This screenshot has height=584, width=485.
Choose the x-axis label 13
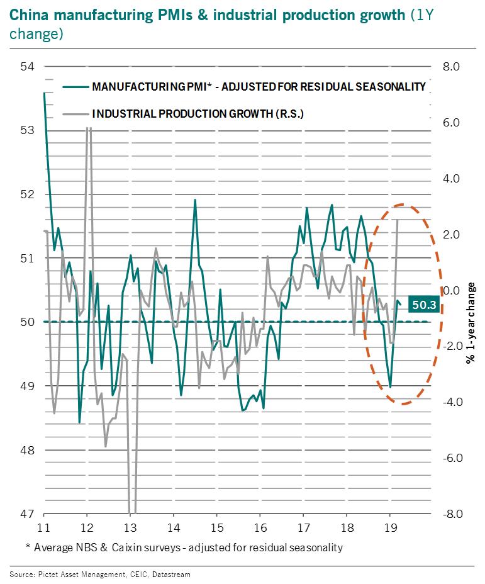130,527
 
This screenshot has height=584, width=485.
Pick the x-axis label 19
389,527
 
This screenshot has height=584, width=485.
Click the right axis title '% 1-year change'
470,327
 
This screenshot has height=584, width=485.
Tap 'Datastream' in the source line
169,574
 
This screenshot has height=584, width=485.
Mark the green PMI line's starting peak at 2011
44,93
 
